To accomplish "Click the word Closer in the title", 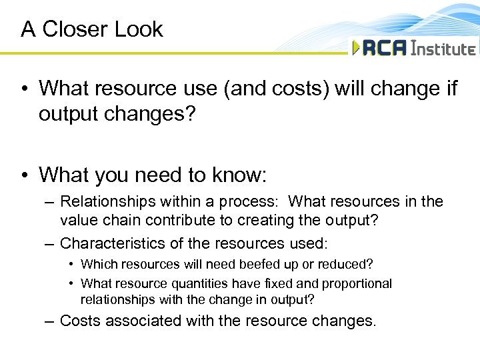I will (75, 29).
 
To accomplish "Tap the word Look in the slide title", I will (138, 29).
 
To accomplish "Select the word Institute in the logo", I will (443, 49).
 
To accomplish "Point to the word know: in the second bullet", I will (238, 175).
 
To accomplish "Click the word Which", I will (98, 265).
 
